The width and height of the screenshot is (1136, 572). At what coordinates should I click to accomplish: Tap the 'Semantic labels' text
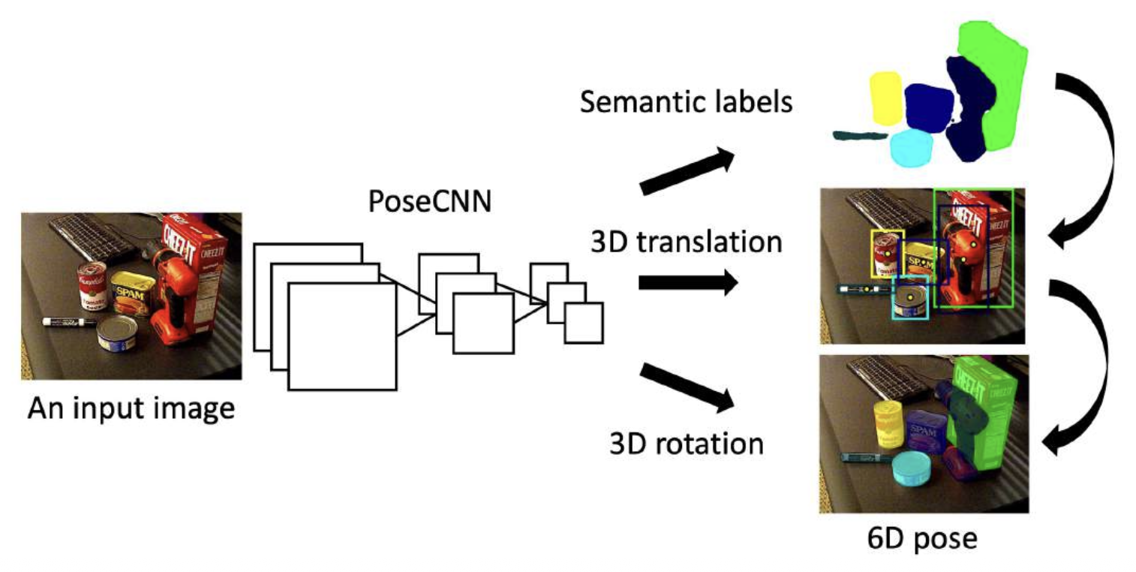[686, 101]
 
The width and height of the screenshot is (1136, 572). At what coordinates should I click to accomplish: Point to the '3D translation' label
[685, 242]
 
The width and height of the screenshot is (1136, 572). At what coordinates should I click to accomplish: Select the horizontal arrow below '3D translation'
[687, 284]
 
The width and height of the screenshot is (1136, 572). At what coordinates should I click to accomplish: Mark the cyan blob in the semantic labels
[911, 147]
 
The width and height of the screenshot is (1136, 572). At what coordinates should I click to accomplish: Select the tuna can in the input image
[118, 333]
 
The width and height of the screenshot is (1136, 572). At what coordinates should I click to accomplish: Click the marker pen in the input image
[68, 322]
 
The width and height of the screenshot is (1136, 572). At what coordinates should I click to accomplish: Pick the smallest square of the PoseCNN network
[584, 323]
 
